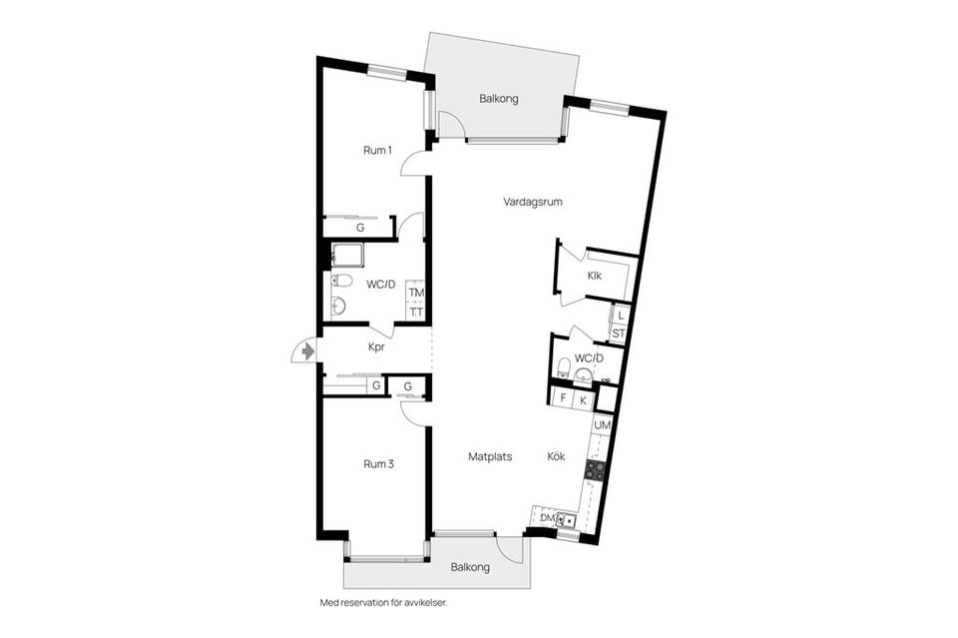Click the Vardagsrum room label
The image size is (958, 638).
534,202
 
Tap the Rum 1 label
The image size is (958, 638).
377,151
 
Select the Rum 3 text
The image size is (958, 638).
377,463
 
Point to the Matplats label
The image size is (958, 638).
490,456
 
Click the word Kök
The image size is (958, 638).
556,456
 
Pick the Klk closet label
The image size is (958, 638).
594,276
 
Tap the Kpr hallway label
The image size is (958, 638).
377,347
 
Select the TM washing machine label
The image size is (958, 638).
416,293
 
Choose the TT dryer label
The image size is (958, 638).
416,312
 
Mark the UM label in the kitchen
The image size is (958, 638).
601,426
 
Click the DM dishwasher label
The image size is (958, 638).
547,518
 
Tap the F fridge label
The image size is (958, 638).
564,399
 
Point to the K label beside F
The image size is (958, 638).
585,399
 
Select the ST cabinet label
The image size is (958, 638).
619,333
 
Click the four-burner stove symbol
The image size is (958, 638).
596,468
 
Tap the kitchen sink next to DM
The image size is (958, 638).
566,519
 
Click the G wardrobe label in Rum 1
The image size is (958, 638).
360,228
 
